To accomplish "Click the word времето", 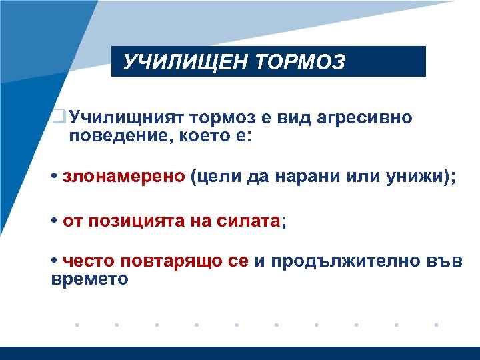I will pos(90,279).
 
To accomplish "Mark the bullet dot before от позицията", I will pos(53,221).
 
